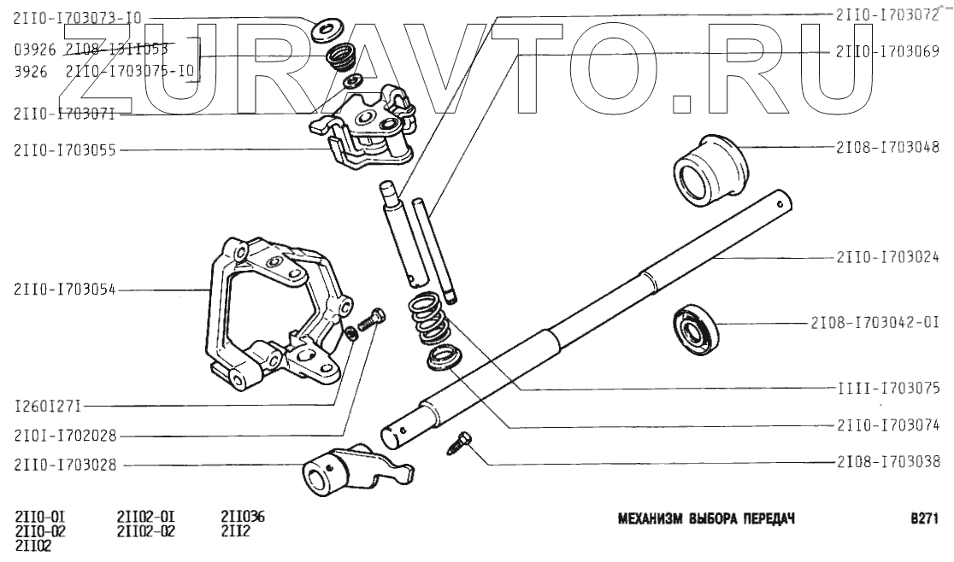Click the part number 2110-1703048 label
click(888, 146)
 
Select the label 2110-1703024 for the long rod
click(888, 256)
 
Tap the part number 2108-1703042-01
click(874, 324)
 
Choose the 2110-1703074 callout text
click(888, 424)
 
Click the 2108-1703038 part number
click(888, 463)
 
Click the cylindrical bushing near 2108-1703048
click(710, 168)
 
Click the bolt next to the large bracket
click(365, 323)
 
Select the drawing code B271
click(926, 518)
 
